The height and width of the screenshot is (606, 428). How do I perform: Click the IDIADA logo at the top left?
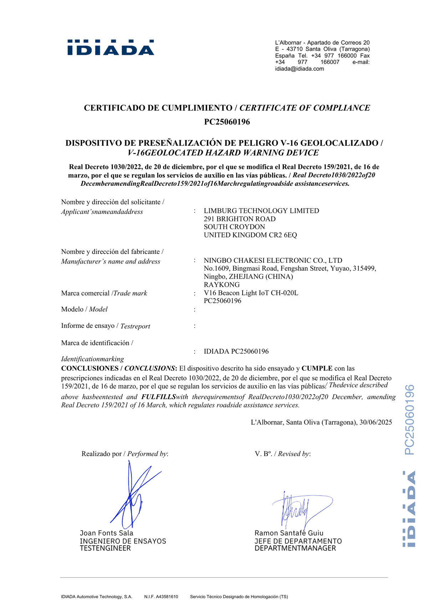coord(111,48)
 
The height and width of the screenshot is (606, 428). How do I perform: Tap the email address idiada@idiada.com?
coord(299,69)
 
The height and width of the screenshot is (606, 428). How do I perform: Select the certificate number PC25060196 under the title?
coord(227,122)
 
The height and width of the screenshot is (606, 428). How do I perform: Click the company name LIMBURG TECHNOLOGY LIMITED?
coord(261,211)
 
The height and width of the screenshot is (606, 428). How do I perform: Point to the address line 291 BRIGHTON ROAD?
coord(239,219)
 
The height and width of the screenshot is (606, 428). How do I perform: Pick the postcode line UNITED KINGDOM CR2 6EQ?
coord(250,235)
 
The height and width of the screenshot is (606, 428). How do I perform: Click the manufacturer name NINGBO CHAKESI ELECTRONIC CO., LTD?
coord(273,260)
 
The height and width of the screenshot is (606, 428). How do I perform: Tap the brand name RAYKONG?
coord(221,285)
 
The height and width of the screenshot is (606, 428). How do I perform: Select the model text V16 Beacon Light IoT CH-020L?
coord(251,293)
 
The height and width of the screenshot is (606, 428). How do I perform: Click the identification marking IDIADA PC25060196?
coord(236,351)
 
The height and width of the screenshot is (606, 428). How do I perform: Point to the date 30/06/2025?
coord(376,422)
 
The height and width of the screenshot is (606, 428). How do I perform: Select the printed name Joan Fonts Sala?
coord(106,533)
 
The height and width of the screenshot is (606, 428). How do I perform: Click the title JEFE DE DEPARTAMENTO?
coord(298,541)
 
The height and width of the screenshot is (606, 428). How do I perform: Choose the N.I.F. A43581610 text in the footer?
coord(161,597)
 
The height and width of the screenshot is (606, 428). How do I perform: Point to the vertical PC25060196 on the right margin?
coord(409,420)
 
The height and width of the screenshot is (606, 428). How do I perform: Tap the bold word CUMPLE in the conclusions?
coord(317,368)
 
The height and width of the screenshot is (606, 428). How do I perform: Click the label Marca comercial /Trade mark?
coord(104,293)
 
